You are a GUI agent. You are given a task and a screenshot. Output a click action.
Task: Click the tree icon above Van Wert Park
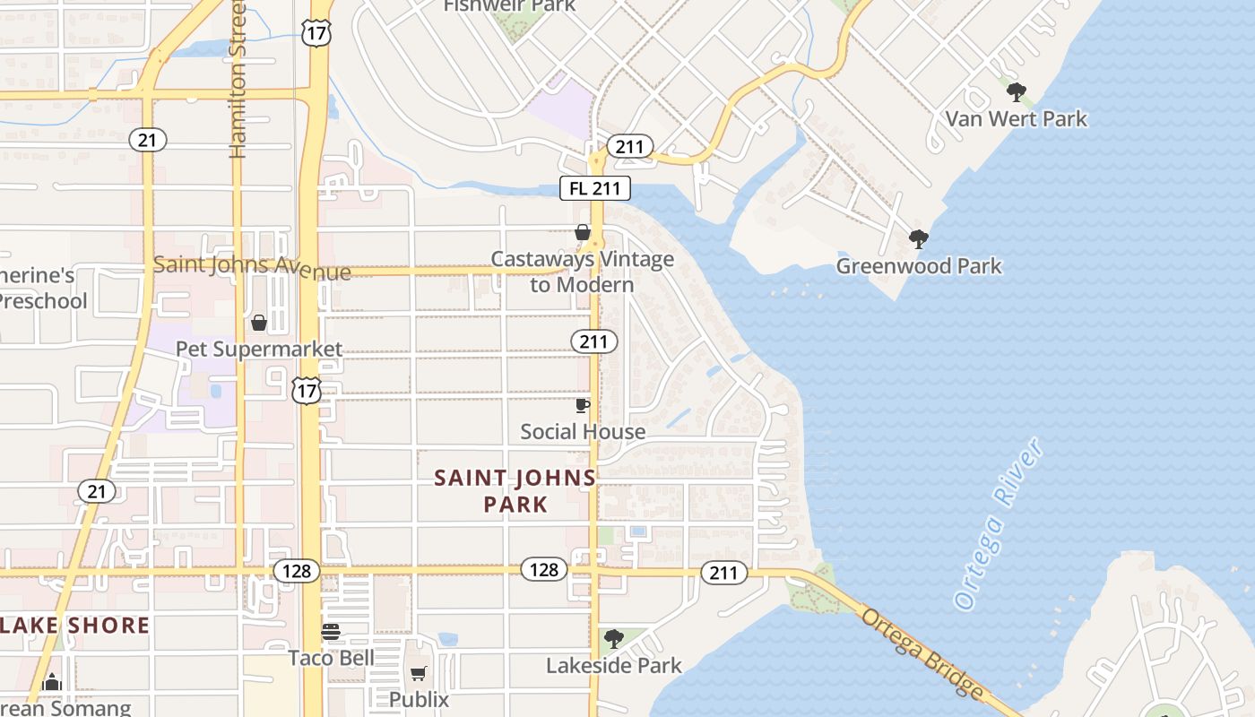pyautogui.click(x=1016, y=91)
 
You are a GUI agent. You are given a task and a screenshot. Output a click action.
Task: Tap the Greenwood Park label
pyautogui.click(x=919, y=266)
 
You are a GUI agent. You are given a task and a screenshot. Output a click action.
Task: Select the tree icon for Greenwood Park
pyautogui.click(x=918, y=238)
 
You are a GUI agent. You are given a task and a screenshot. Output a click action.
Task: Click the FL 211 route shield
pyautogui.click(x=595, y=188)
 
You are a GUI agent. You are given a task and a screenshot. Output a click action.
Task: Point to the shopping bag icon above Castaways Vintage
pyautogui.click(x=583, y=232)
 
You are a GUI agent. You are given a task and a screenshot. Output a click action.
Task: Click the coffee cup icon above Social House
pyautogui.click(x=583, y=405)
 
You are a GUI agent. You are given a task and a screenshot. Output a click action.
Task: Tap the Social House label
pyautogui.click(x=583, y=432)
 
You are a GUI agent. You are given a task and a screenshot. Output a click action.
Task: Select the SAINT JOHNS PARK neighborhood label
pyautogui.click(x=515, y=491)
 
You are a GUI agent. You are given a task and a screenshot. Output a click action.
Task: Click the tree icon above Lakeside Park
pyautogui.click(x=613, y=639)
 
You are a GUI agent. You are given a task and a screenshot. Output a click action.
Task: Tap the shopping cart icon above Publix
pyautogui.click(x=419, y=672)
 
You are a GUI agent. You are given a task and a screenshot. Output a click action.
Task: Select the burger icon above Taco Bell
pyautogui.click(x=331, y=632)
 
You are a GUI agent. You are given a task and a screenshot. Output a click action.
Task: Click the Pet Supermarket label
pyautogui.click(x=259, y=349)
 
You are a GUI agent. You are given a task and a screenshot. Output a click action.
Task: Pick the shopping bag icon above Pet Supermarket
pyautogui.click(x=259, y=323)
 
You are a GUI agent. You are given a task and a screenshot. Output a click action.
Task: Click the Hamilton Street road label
pyautogui.click(x=238, y=81)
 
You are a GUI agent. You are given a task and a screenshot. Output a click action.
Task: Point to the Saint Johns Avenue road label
pyautogui.click(x=252, y=266)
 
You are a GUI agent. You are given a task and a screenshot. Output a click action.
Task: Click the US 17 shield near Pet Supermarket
pyautogui.click(x=307, y=391)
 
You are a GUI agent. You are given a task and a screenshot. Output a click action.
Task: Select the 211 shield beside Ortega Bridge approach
pyautogui.click(x=723, y=573)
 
